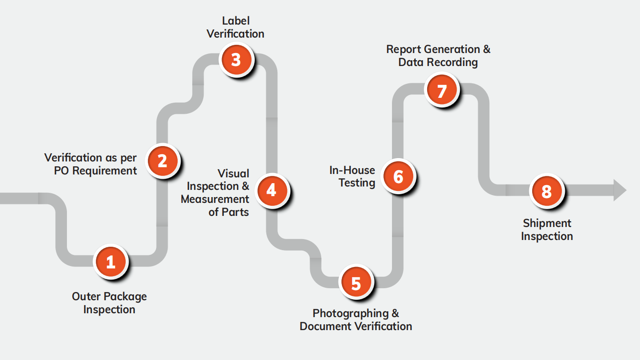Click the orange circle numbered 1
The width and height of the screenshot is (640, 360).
point(111,262)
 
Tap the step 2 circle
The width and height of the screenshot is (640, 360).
point(162,160)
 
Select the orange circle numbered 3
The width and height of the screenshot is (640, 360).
point(235,60)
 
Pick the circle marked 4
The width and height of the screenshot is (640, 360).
point(272,190)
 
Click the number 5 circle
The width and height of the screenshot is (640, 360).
point(356,283)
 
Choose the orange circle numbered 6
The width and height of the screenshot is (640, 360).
point(398,176)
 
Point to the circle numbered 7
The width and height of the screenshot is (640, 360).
point(442,90)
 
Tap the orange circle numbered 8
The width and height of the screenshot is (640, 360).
point(546,191)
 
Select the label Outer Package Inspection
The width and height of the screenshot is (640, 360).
point(109,303)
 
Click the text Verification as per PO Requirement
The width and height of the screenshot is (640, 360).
point(91,164)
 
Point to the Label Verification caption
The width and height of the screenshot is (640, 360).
point(235,27)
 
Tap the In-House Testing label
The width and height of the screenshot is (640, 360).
point(352,176)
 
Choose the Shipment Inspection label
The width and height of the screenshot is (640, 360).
point(547,230)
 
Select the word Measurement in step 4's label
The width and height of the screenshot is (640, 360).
point(215,199)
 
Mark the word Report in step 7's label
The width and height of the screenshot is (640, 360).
point(404,49)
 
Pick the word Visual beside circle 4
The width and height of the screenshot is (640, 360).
point(234,173)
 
